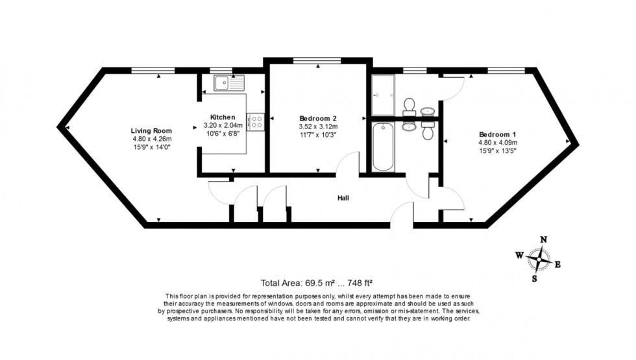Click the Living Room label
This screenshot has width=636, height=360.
tap(153, 130)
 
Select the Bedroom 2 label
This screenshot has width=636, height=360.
tap(317, 118)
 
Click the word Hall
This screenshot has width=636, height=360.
tap(343, 197)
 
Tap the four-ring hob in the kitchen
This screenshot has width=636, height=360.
tap(256, 120)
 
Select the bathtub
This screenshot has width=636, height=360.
tap(383, 147)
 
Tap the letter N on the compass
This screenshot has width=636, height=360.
tap(543, 239)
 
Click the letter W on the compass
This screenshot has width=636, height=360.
tap(519, 256)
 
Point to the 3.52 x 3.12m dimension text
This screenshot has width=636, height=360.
tap(318, 126)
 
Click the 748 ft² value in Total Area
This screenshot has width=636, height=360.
tap(356, 283)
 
